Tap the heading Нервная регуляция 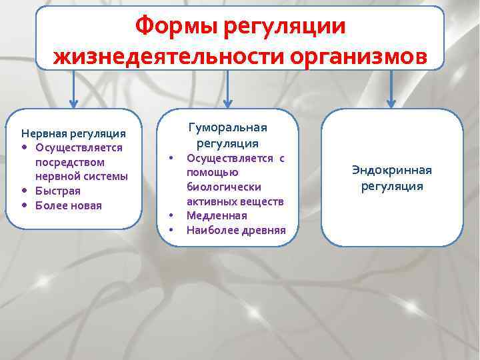(x=73, y=133)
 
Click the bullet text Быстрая (x=58, y=191)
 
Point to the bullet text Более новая (x=69, y=205)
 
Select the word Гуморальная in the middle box (x=228, y=128)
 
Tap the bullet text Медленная (x=217, y=215)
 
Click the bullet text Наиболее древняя (x=236, y=230)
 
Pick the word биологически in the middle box (x=224, y=187)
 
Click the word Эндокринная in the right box (x=392, y=170)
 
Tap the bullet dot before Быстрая (x=25, y=191)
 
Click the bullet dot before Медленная (x=171, y=215)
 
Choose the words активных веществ (x=235, y=201)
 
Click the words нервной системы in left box (x=81, y=177)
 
